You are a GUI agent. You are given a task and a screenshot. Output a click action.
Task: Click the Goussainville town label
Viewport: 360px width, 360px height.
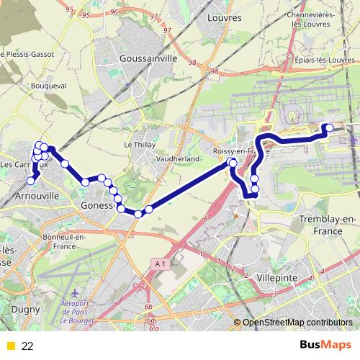(x=148, y=58)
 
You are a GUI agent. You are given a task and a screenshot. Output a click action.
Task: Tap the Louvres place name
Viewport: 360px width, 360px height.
(x=222, y=17)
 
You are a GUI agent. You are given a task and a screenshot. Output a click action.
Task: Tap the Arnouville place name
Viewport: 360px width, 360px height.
(x=31, y=195)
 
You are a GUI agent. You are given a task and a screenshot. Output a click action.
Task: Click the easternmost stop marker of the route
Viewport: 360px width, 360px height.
(x=329, y=128)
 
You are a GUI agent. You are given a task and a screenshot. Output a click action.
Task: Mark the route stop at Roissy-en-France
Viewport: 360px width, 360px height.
(x=233, y=163)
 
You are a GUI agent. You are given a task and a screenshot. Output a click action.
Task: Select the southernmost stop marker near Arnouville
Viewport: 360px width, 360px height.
(x=31, y=181)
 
